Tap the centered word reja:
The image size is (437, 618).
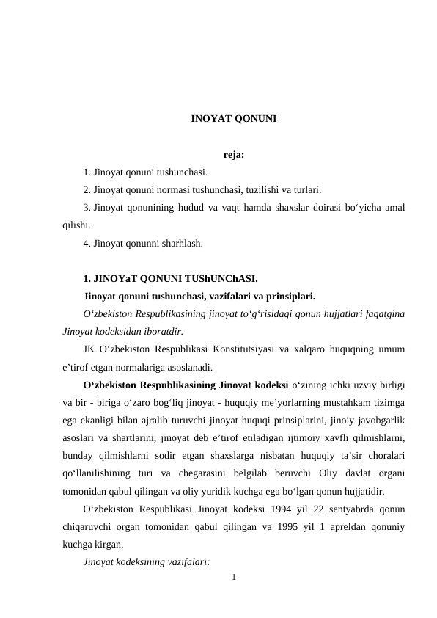tap(233, 155)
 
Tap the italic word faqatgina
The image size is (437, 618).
tap(383, 314)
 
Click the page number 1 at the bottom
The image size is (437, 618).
tap(233, 580)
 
